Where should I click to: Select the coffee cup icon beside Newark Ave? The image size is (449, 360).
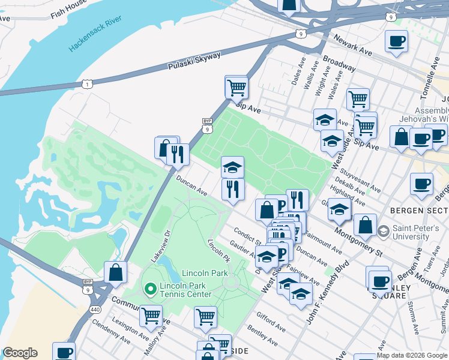396,41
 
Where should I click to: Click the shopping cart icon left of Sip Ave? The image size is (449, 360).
237,87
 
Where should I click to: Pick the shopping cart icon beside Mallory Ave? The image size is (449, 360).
151,314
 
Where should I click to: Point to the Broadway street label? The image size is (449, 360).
339,64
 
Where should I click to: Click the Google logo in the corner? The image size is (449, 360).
20,353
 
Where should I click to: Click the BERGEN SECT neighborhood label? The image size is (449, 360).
418,211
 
